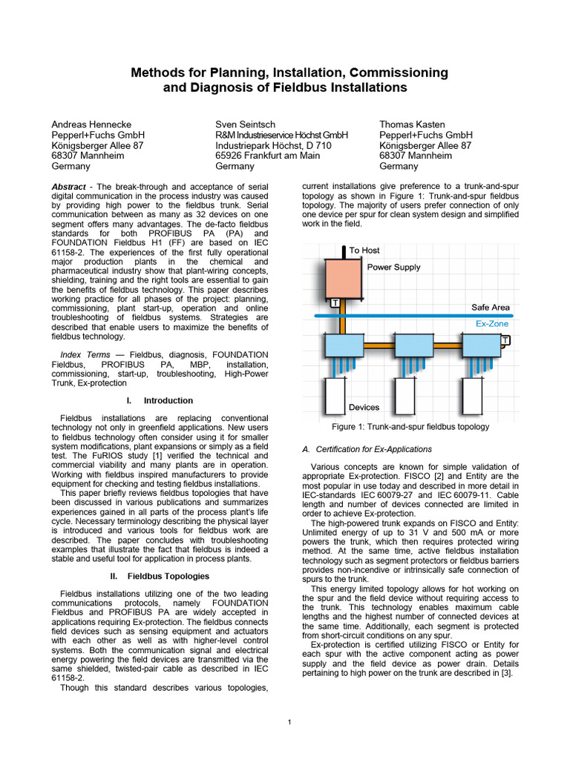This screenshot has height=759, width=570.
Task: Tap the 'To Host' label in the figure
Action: [x=364, y=251]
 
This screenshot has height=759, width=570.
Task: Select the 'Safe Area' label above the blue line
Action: [x=490, y=307]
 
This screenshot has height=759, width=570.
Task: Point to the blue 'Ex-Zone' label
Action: [x=492, y=324]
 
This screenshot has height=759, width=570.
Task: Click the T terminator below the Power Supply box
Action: [x=335, y=303]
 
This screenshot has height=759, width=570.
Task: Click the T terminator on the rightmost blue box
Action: [x=505, y=340]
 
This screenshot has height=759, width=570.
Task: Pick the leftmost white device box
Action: [x=336, y=396]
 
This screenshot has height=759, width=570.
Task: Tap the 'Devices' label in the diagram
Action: [x=364, y=407]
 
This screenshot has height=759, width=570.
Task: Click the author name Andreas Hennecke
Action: [x=91, y=125]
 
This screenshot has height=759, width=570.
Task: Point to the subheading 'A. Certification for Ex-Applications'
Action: [x=367, y=449]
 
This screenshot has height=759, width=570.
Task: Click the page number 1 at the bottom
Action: [x=289, y=722]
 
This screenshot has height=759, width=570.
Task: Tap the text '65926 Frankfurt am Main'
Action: [x=267, y=156]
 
